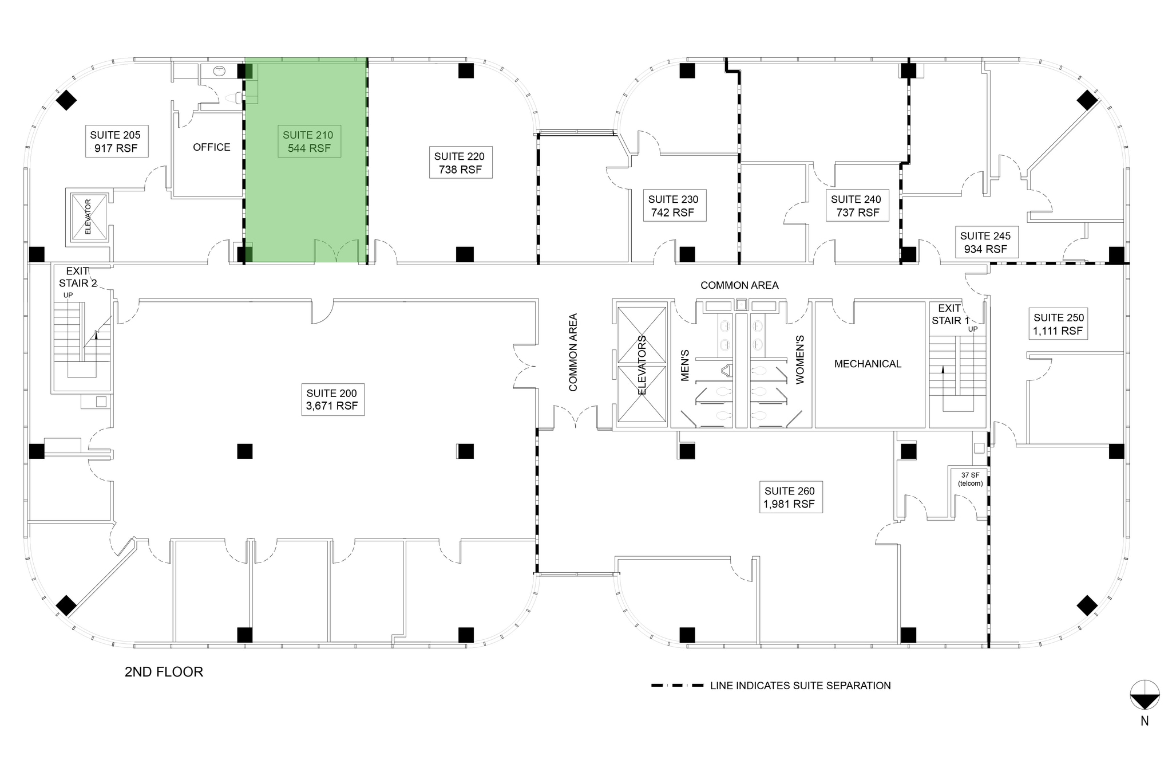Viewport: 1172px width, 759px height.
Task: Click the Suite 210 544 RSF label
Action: coord(308,141)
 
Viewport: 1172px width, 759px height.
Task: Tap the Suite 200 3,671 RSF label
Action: coord(332,399)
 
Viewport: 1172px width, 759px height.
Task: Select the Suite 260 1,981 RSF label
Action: coord(789,497)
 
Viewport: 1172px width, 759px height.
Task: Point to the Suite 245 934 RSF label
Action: coord(985,242)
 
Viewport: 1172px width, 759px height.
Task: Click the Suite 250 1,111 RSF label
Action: coord(1058,324)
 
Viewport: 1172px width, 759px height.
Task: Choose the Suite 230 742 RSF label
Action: coord(673,206)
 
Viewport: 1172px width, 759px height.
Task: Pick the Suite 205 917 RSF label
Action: coord(115,141)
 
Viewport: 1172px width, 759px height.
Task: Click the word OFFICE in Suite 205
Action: coord(211,147)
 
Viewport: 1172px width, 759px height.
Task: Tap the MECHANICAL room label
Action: coord(868,364)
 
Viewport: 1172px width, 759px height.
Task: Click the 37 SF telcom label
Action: coord(970,479)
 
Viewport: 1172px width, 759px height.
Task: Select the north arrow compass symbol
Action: coord(1144,695)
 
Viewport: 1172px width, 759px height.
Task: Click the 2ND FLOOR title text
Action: coord(164,671)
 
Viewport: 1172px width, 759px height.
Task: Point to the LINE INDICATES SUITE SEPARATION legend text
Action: coord(800,686)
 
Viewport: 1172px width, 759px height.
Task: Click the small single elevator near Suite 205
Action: coord(88,217)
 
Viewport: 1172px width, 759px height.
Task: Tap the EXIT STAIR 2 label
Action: coord(78,277)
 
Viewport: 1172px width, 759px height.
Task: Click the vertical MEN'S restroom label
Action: coord(685,365)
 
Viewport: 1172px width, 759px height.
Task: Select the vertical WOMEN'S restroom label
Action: coord(800,359)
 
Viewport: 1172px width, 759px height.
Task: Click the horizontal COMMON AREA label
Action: coord(739,285)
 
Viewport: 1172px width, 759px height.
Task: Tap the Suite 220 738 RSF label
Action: coord(460,163)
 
